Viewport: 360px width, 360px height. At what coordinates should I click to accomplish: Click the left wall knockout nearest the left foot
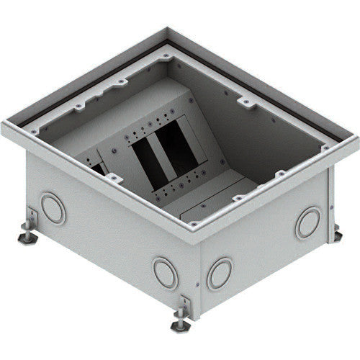[53, 209]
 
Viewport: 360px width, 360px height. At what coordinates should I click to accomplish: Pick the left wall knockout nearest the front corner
[165, 273]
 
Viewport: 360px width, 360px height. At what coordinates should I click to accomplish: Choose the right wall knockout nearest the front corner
[219, 274]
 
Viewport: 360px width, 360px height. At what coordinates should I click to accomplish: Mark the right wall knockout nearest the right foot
[307, 222]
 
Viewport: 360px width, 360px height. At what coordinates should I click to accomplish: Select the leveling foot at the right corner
[336, 232]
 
